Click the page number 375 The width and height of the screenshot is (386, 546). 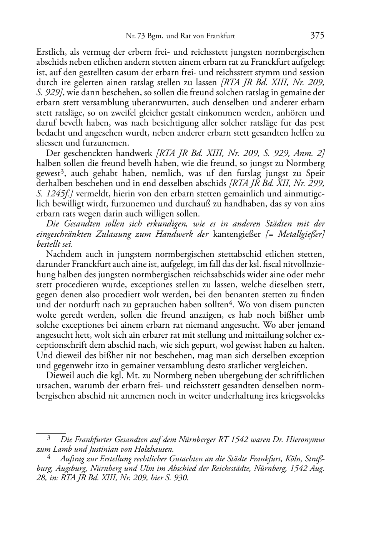[317, 36]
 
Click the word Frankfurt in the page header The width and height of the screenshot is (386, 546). [221, 37]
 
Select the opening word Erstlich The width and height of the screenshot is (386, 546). [50, 52]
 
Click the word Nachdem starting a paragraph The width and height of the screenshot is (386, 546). [62, 255]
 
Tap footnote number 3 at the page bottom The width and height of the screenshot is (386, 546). [48, 438]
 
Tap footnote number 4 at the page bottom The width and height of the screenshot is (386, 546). [48, 458]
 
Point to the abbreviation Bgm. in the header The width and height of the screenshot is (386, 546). [155, 37]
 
